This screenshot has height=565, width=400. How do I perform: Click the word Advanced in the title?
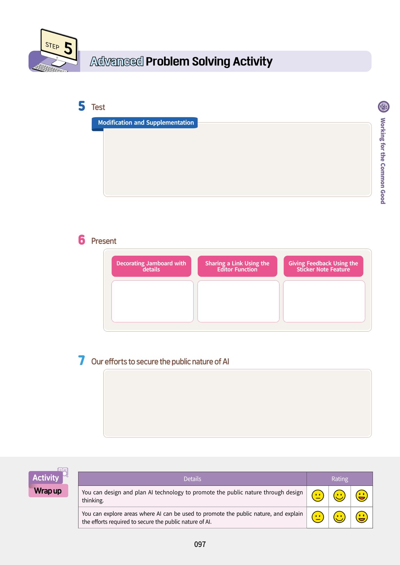point(117,61)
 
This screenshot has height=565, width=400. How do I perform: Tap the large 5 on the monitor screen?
point(68,48)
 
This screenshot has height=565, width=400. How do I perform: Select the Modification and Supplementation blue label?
point(145,123)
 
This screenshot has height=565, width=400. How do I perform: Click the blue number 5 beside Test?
point(82,106)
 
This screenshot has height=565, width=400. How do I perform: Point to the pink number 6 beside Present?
point(82,240)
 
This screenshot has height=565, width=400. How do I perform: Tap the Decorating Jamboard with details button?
point(151,266)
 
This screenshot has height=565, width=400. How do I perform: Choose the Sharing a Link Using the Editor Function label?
point(237,266)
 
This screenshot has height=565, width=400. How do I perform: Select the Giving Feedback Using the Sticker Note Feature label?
point(323,266)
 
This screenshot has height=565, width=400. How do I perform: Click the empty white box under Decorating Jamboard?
point(152,301)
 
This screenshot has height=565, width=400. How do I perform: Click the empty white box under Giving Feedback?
point(324,301)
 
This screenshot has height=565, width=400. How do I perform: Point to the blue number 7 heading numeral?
point(81,360)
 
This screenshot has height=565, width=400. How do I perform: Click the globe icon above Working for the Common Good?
point(383,107)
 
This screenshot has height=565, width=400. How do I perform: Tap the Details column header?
point(192,479)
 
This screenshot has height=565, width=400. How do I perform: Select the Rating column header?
point(340,479)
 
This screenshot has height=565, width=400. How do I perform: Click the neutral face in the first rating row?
point(318,496)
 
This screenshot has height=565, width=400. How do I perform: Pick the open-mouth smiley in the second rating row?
point(361,517)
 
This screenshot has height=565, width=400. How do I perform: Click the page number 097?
point(200,544)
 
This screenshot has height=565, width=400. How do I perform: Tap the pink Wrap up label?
point(48,491)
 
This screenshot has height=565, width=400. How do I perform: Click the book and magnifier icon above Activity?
point(63,472)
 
